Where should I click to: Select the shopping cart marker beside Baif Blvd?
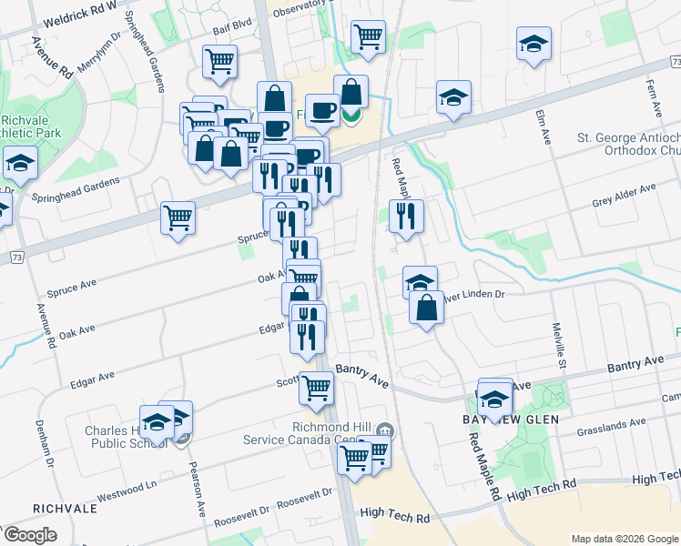219,61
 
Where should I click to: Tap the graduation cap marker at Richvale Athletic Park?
19,162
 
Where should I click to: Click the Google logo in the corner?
30,535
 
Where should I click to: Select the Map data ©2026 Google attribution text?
624,538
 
